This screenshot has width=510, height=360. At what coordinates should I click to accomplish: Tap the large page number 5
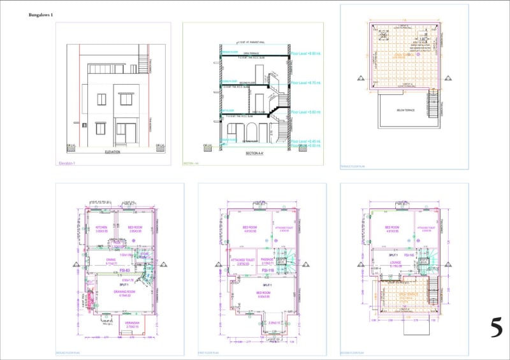[x=496, y=328]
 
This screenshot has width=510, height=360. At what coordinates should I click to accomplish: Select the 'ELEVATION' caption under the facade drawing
[x=113, y=153]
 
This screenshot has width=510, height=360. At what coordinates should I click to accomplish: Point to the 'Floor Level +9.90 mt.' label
[x=306, y=55]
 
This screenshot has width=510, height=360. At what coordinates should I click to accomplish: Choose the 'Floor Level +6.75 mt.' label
[x=306, y=83]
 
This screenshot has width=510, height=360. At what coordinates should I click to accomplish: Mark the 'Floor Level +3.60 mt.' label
[x=306, y=112]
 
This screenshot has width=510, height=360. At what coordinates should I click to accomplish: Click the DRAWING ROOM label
[x=123, y=291]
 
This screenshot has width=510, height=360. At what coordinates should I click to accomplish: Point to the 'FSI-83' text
[x=116, y=270]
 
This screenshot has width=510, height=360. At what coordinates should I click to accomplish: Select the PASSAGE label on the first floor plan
[x=266, y=260]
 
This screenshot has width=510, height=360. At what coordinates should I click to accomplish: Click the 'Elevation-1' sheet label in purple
[x=67, y=164]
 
